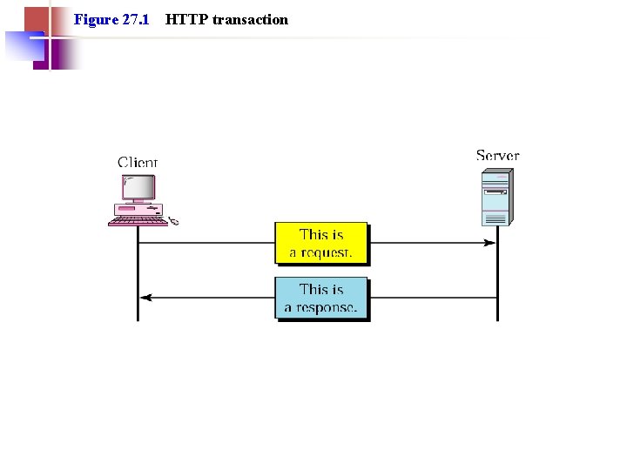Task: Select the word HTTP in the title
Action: (x=185, y=19)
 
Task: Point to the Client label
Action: (x=138, y=162)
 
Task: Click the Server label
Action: (x=497, y=156)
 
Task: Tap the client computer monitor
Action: (x=138, y=189)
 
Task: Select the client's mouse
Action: (x=173, y=222)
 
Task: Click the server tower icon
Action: (x=496, y=198)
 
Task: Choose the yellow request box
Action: (x=321, y=244)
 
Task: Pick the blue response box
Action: (x=321, y=299)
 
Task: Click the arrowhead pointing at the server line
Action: (x=490, y=243)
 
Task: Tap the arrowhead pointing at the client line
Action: (x=145, y=298)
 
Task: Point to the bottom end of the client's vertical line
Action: (x=138, y=319)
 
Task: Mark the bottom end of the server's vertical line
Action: (x=497, y=319)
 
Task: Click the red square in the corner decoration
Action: (x=35, y=19)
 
